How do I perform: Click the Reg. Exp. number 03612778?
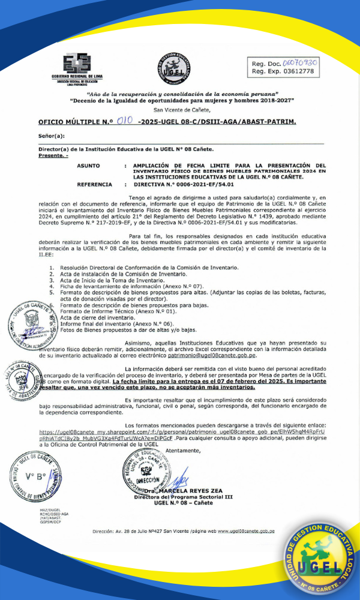pyautogui.click(x=299, y=71)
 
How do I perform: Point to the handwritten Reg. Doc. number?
pyautogui.click(x=301, y=62)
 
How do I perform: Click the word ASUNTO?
pyautogui.click(x=88, y=165)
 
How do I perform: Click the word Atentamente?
pyautogui.click(x=184, y=449)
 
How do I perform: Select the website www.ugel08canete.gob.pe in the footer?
pyautogui.click(x=246, y=531)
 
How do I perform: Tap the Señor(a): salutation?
pyautogui.click(x=51, y=136)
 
